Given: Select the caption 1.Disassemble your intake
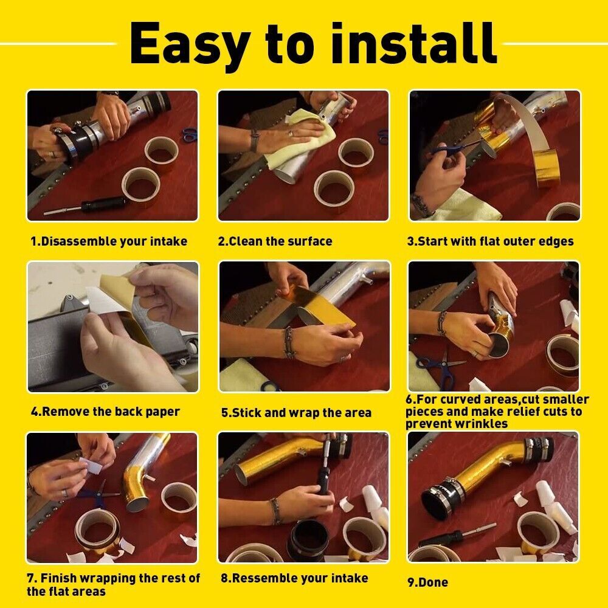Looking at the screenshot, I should pos(109,241).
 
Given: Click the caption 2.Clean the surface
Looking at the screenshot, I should pos(275,241).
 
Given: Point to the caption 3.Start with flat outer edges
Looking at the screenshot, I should pos(490,241).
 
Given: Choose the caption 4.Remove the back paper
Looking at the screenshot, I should pos(105,412).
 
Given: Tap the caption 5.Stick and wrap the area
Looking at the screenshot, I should pos(296,413).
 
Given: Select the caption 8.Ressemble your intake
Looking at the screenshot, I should pos(294,578).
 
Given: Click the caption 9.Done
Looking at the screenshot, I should pos(427,582).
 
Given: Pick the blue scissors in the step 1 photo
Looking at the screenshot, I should pos(190,134).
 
